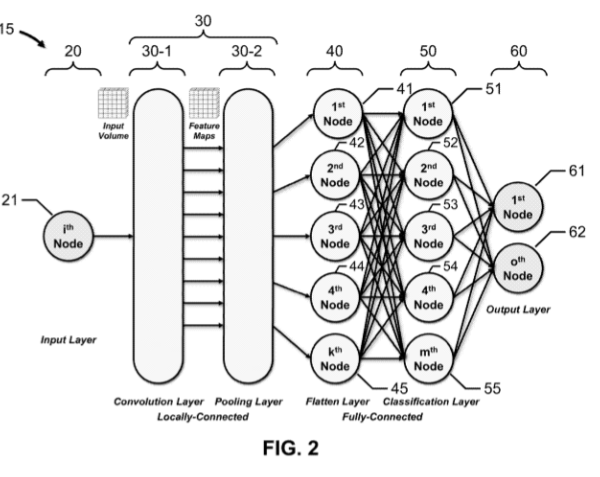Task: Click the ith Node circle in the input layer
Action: tap(65, 239)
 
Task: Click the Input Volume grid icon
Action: tap(109, 100)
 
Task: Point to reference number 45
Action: tap(399, 391)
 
